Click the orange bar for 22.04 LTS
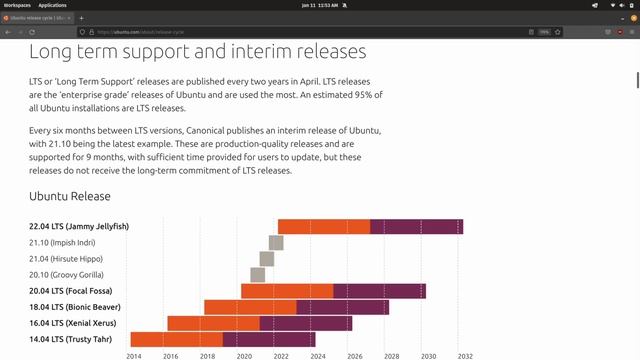[323, 226]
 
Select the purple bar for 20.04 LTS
[379, 291]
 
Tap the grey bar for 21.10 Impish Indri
[276, 243]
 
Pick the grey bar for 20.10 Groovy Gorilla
[257, 275]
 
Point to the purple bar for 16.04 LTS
[306, 323]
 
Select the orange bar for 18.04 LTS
[250, 307]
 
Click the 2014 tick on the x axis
[134, 355]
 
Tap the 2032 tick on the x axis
[465, 355]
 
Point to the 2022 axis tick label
[281, 355]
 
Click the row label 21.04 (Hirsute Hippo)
[67, 259]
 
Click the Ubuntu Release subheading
[70, 196]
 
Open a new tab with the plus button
[82, 18]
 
